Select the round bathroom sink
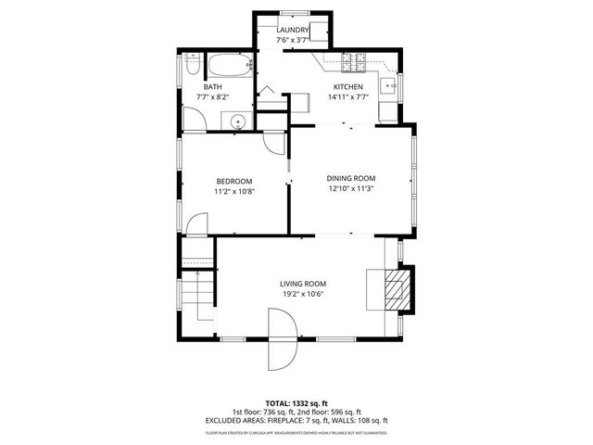coord(238,121)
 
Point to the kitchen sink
coord(393,89)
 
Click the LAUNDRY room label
coord(293,31)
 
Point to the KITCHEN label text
coord(348,86)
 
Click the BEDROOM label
coord(234,181)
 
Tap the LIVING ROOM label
coord(303,284)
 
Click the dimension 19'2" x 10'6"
coord(303,295)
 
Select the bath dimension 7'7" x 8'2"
coord(212,97)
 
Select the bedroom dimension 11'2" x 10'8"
coord(234,191)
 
